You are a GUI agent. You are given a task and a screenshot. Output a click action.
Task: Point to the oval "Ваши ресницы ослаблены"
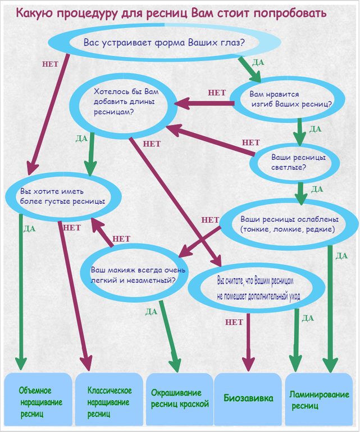288,224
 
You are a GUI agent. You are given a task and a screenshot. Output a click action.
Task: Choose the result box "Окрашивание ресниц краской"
180,399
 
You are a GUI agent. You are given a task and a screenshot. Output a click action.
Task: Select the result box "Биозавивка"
248,399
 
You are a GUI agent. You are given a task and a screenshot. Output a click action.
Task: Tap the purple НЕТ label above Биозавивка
234,323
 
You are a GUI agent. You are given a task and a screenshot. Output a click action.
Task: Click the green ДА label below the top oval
259,63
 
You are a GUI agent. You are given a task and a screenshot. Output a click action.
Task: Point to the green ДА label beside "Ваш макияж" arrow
151,311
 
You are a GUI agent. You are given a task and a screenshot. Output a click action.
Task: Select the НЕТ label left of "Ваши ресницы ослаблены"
210,220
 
